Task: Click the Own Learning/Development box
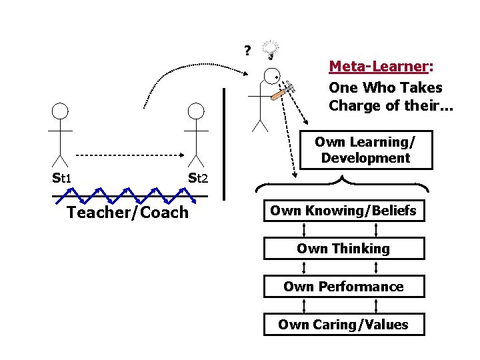(x=365, y=150)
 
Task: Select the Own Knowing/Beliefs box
(x=343, y=211)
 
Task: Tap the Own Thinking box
(x=343, y=249)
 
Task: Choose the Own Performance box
(x=343, y=287)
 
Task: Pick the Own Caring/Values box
(x=343, y=325)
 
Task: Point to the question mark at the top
(x=247, y=51)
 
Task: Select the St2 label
(x=199, y=178)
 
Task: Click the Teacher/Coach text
(x=127, y=212)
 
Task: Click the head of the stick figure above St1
(x=61, y=112)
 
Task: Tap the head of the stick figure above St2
(x=196, y=112)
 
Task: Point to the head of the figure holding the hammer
(x=271, y=77)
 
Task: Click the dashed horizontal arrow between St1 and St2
(x=127, y=155)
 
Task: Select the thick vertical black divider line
(x=225, y=143)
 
